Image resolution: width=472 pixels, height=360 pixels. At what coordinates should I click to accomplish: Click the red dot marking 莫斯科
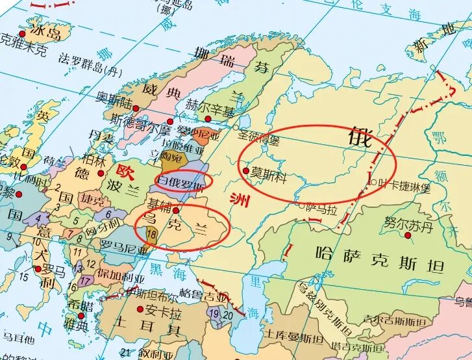coord(245,171)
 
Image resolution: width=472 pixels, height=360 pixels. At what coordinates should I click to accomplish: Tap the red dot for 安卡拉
coord(140,309)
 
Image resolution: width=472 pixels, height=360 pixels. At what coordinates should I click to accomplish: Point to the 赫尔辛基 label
coord(210,104)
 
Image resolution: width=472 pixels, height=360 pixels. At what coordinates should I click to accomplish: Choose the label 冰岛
coord(46,32)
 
